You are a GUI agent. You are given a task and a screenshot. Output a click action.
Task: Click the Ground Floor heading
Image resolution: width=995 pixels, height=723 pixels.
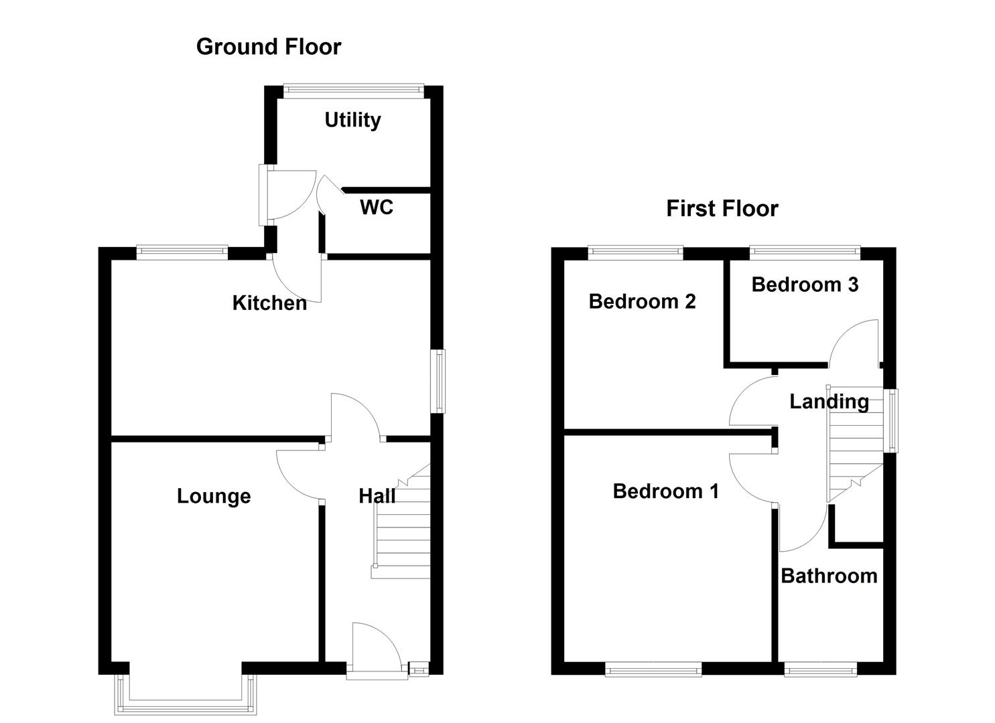click(268, 47)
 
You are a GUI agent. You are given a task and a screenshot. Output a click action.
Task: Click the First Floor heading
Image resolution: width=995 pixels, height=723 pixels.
click(722, 209)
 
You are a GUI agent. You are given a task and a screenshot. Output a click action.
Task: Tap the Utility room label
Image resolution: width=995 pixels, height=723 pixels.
click(352, 120)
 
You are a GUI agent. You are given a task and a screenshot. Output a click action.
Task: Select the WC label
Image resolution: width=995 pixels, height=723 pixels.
click(376, 208)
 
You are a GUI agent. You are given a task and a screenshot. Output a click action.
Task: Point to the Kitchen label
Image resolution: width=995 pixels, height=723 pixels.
click(269, 303)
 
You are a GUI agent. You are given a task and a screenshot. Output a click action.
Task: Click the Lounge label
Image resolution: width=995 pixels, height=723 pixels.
click(214, 496)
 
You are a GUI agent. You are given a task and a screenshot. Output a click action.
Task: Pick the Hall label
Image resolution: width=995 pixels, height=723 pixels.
click(377, 496)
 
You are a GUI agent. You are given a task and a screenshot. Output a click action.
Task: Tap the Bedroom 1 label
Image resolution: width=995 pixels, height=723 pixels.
click(665, 491)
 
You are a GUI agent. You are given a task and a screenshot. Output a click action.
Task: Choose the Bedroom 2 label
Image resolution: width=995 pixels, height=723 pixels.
click(642, 302)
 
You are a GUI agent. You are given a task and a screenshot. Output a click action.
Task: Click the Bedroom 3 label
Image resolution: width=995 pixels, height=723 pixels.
click(805, 285)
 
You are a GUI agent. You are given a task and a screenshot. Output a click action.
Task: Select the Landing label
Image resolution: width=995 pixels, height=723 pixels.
click(829, 402)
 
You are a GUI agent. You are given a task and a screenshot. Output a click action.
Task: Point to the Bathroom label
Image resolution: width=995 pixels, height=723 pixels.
click(829, 576)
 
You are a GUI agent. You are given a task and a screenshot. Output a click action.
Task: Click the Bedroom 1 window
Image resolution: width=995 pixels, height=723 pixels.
click(653, 668)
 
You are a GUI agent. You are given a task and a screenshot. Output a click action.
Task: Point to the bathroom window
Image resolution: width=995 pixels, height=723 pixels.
click(820, 668)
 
